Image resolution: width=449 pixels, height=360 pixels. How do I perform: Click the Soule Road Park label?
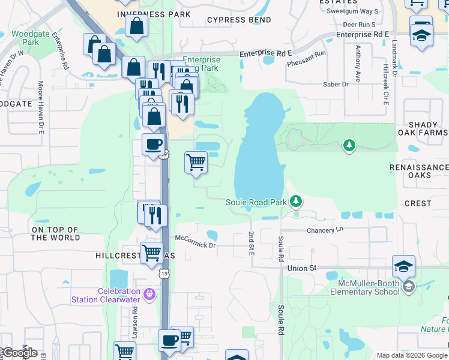(256, 202)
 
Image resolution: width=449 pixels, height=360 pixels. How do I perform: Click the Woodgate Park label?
(25, 38)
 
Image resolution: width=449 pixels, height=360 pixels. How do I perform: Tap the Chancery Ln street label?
(325, 230)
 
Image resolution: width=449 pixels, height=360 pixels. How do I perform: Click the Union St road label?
(302, 268)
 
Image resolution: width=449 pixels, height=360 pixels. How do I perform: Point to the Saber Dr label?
(336, 85)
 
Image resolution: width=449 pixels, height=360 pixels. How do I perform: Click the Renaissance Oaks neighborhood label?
(419, 171)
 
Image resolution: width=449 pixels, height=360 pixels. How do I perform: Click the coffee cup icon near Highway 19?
(153, 145)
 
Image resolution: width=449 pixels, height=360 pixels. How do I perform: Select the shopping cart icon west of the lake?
(196, 162)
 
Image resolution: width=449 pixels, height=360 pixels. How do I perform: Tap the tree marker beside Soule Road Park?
(295, 200)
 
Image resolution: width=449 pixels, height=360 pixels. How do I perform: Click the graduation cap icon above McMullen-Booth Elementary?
(403, 265)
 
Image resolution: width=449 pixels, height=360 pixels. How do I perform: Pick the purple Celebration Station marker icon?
(149, 295)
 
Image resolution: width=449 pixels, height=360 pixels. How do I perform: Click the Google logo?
(19, 353)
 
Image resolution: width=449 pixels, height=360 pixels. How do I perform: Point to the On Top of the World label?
(55, 233)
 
